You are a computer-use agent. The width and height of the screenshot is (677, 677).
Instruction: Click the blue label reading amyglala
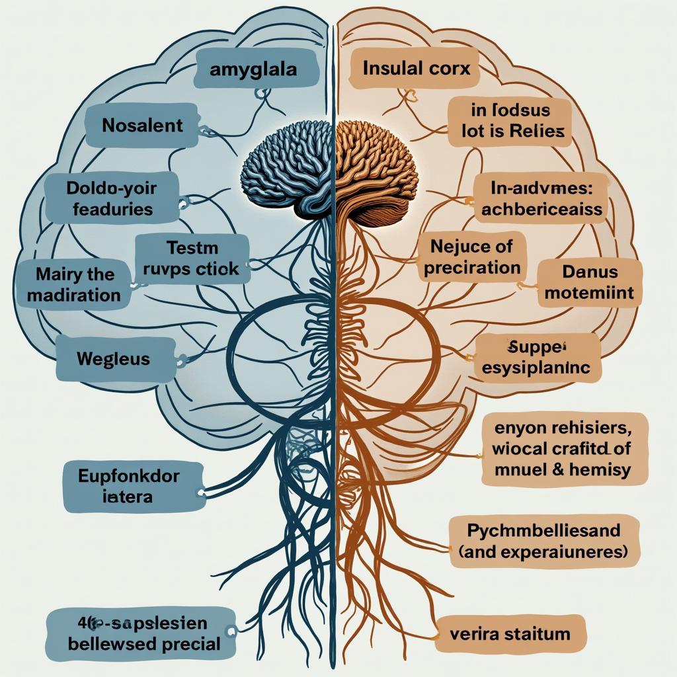(253, 69)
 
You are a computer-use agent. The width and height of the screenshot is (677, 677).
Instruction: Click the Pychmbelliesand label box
(544, 541)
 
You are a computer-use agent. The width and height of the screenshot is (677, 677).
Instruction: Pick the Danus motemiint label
(589, 282)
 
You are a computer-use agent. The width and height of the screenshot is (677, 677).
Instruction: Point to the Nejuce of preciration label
(471, 258)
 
